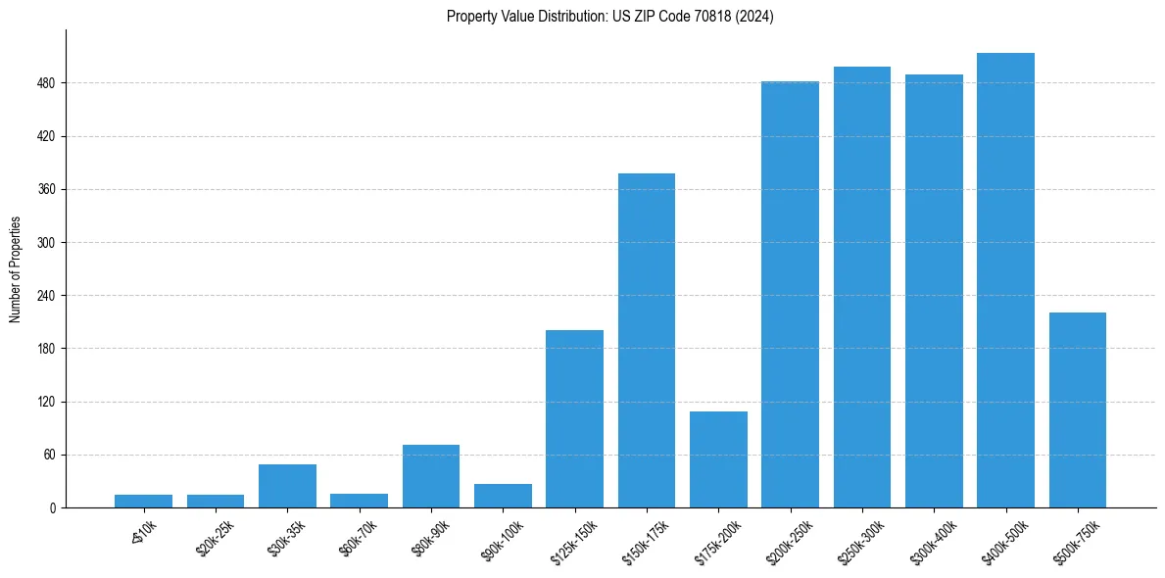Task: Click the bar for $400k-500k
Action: click(x=1005, y=280)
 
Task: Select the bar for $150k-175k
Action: click(x=647, y=340)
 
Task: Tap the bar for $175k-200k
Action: click(x=718, y=459)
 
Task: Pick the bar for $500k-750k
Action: click(x=1077, y=409)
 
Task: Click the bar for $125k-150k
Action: click(x=574, y=418)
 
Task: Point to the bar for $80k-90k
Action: click(x=431, y=476)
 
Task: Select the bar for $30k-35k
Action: click(x=287, y=486)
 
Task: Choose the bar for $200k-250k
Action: click(x=790, y=294)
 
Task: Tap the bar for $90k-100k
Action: click(x=503, y=496)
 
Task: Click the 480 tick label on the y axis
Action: click(x=46, y=83)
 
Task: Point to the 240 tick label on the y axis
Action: click(x=46, y=296)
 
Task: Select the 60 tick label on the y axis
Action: click(x=49, y=455)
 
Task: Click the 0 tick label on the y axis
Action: click(x=52, y=507)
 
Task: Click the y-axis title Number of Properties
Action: click(x=16, y=268)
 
